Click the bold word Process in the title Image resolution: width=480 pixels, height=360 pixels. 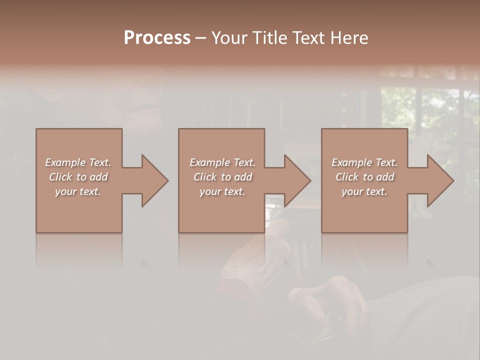pyautogui.click(x=157, y=38)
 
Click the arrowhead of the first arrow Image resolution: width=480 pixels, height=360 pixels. pyautogui.click(x=154, y=180)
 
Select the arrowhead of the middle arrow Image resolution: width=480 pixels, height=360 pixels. pyautogui.click(x=297, y=180)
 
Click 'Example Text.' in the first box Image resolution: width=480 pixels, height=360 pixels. pyautogui.click(x=78, y=162)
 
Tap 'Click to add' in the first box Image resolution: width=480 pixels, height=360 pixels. pyautogui.click(x=78, y=177)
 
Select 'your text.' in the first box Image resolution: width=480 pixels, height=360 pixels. pyautogui.click(x=78, y=191)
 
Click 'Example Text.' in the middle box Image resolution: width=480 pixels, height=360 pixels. pyautogui.click(x=222, y=162)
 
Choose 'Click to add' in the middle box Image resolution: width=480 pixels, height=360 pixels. pyautogui.click(x=222, y=177)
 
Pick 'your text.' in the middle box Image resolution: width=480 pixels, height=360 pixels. pyautogui.click(x=222, y=191)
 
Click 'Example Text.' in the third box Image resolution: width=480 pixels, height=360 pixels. pyautogui.click(x=364, y=162)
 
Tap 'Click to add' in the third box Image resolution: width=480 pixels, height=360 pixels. pyautogui.click(x=364, y=177)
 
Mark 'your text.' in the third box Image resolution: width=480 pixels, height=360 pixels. pyautogui.click(x=364, y=191)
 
